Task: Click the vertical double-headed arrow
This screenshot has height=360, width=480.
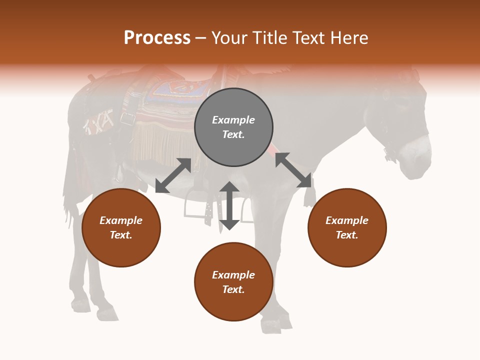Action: (x=229, y=205)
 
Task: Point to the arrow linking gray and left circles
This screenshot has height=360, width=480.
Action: (x=173, y=175)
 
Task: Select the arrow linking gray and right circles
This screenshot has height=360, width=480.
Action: (x=293, y=170)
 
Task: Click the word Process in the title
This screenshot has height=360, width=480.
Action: (x=157, y=37)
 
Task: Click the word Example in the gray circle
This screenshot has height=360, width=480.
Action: (x=233, y=120)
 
